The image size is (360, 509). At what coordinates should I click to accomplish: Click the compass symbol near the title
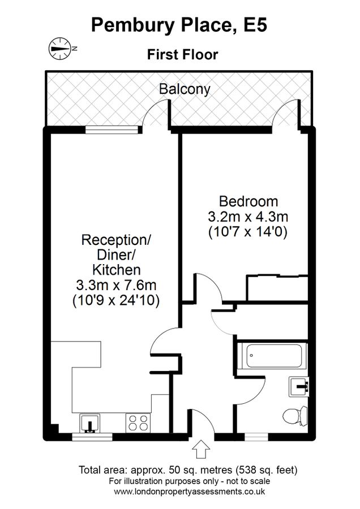tap(58, 48)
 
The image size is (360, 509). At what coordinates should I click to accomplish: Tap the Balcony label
tap(185, 89)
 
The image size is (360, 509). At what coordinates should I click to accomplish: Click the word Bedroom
tap(248, 201)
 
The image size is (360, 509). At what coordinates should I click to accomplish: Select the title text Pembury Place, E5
tap(179, 25)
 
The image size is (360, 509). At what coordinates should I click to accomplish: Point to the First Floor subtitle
tap(182, 55)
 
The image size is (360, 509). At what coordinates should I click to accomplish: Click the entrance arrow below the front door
tap(202, 451)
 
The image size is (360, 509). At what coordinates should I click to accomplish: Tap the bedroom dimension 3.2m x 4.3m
tap(248, 216)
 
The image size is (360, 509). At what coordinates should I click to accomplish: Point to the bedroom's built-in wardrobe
tap(277, 288)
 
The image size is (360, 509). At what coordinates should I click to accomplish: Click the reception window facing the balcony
tap(111, 130)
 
